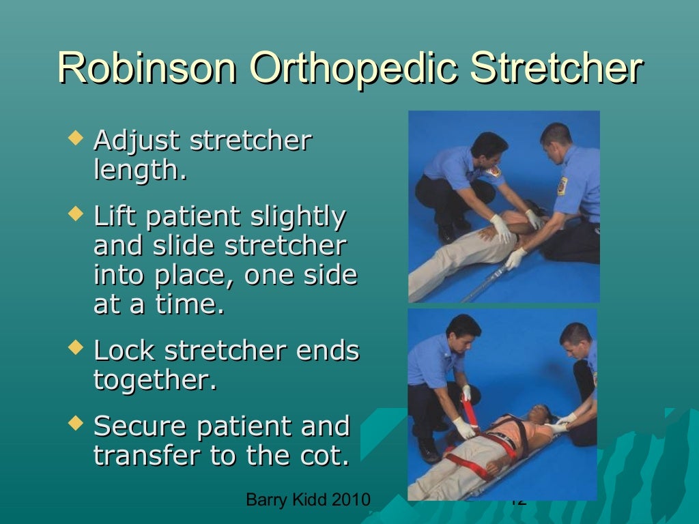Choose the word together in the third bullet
coord(154,379)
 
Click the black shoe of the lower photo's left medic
coord(429,451)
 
